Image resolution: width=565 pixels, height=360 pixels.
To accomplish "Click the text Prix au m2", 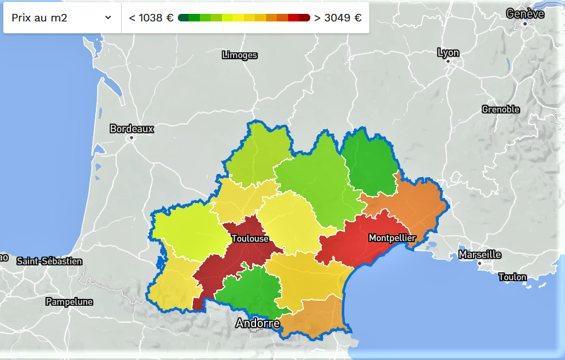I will pyautogui.click(x=39, y=18).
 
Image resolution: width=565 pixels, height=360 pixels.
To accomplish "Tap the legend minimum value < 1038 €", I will pyautogui.click(x=151, y=18).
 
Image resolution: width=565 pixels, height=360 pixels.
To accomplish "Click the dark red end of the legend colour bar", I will pyautogui.click(x=305, y=18).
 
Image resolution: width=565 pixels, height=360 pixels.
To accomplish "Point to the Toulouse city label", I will pyautogui.click(x=250, y=239).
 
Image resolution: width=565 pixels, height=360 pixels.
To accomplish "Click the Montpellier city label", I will pyautogui.click(x=392, y=238).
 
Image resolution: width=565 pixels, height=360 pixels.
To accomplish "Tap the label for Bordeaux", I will pyautogui.click(x=132, y=129).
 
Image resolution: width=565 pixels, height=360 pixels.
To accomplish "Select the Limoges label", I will pyautogui.click(x=240, y=55).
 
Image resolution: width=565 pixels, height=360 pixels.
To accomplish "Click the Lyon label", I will pyautogui.click(x=448, y=53).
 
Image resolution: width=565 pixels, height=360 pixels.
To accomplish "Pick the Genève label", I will pyautogui.click(x=525, y=13).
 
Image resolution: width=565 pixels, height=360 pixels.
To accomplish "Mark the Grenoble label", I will pyautogui.click(x=501, y=110).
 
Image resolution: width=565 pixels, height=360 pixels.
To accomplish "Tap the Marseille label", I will pyautogui.click(x=480, y=255).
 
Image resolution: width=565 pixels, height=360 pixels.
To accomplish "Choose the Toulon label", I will pyautogui.click(x=512, y=277).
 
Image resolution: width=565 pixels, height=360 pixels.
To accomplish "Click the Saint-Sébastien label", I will pyautogui.click(x=49, y=261).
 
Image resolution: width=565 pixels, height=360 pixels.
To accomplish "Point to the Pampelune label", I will pyautogui.click(x=69, y=302).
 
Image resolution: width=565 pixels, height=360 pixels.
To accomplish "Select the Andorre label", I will pyautogui.click(x=257, y=323).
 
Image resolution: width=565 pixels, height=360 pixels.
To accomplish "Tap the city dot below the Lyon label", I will pyautogui.click(x=448, y=62).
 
